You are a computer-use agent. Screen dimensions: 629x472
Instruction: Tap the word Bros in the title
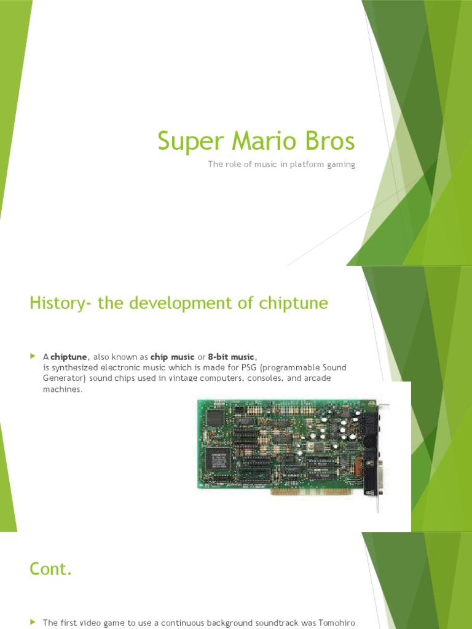[331, 141]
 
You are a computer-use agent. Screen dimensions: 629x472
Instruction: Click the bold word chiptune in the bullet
[70, 357]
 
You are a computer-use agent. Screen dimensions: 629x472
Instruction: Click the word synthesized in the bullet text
[75, 367]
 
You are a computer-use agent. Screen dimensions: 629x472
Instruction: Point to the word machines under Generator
[61, 389]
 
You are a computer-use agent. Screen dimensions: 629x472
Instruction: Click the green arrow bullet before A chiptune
[33, 356]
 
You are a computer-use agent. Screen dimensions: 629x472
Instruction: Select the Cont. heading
[51, 569]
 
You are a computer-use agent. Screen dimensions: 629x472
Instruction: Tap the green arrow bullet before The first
[33, 622]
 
